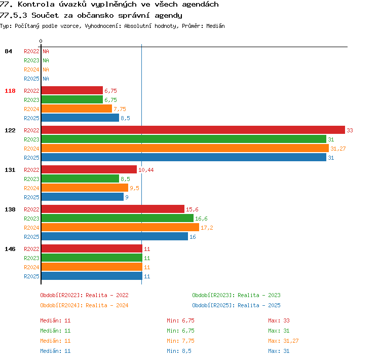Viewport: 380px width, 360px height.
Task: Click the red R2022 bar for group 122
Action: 193,130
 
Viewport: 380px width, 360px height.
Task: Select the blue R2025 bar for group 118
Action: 80,118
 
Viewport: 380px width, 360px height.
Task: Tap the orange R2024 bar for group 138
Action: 120,227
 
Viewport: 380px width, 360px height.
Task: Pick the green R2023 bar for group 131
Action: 80,178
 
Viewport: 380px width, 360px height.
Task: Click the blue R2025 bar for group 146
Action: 92,276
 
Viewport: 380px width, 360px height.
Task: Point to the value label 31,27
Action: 338,149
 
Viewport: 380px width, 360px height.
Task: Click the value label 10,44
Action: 146,170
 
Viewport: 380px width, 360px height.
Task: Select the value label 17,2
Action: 207,228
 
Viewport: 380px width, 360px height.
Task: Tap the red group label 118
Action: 10,91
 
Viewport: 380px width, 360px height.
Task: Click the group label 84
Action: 8,51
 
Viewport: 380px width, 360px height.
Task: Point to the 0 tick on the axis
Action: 41,41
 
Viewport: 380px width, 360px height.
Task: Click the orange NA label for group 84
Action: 46,69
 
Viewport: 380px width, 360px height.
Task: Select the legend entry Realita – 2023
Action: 259,295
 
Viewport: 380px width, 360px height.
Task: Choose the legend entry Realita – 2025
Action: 259,305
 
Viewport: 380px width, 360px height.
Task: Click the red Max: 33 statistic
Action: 279,320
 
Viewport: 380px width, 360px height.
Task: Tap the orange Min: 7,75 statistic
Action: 180,341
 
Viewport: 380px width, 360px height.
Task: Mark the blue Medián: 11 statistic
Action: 55,351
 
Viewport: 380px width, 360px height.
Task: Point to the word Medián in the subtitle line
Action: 215,26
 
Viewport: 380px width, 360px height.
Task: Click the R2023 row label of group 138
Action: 31,219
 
